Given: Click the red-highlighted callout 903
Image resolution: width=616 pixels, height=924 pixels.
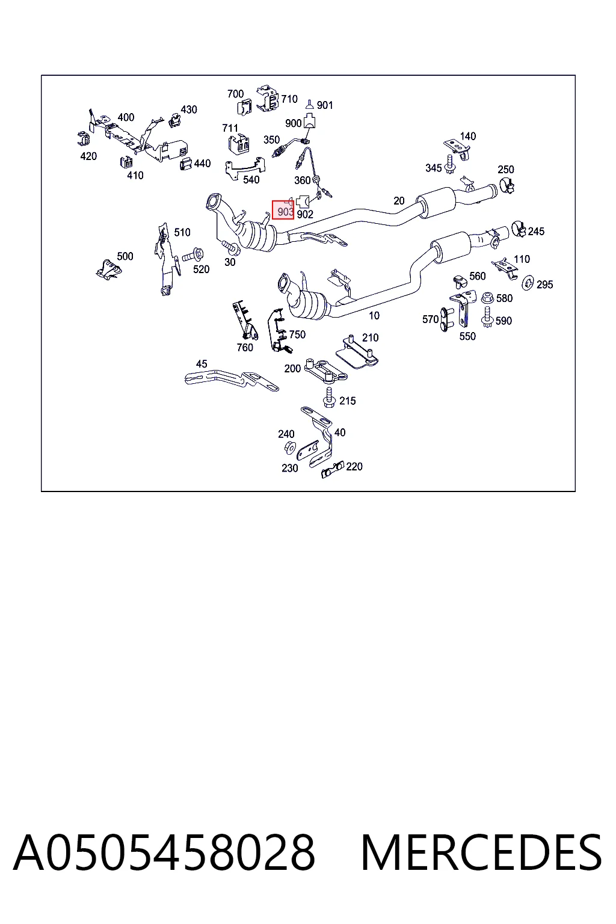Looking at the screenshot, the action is tap(283, 210).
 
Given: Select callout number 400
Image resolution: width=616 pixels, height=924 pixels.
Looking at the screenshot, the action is tap(126, 117).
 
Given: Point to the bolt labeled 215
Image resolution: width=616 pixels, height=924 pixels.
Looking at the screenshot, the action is tap(329, 397).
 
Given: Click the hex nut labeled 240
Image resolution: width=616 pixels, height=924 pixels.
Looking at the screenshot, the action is tap(290, 447).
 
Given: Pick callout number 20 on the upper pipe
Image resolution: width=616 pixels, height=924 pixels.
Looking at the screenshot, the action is tap(399, 201).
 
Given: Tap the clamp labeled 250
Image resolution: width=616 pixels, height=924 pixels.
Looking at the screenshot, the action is tap(507, 185).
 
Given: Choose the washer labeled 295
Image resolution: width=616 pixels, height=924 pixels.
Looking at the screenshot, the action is tap(528, 283).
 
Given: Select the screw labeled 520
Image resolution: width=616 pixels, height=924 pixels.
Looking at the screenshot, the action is tap(192, 254).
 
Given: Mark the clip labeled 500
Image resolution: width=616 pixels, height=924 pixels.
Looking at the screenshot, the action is tap(108, 269).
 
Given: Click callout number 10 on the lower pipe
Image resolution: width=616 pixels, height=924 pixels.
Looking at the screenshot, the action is tap(374, 316).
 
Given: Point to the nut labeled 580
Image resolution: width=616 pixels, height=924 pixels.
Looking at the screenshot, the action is tap(487, 297).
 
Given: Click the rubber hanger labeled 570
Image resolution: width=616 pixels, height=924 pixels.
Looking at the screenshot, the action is tap(445, 319).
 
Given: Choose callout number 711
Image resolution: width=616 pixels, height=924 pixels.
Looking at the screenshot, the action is tap(230, 128).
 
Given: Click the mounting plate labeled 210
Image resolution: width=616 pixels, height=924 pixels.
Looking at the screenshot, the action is tap(357, 353).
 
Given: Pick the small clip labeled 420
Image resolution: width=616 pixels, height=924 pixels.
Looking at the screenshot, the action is tap(84, 139).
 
